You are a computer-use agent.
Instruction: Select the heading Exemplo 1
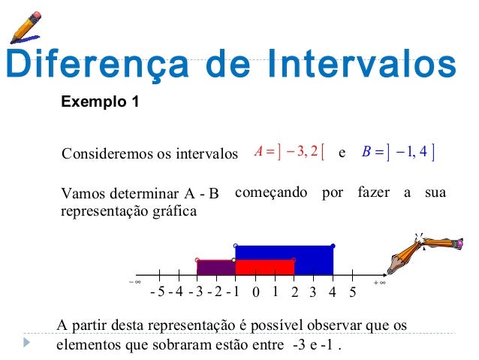pyautogui.click(x=100, y=101)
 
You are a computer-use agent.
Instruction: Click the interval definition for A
pyautogui.click(x=289, y=154)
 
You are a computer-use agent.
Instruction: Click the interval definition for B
pyautogui.click(x=398, y=154)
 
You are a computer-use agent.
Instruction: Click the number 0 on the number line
pyautogui.click(x=255, y=292)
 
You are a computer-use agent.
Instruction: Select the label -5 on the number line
pyautogui.click(x=157, y=292)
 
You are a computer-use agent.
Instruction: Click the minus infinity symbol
pyautogui.click(x=135, y=283)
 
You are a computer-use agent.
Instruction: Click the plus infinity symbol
pyautogui.click(x=379, y=283)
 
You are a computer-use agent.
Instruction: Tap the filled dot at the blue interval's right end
pyautogui.click(x=333, y=246)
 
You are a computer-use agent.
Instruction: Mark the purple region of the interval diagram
pyautogui.click(x=216, y=267)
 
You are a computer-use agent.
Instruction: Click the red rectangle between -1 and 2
pyautogui.click(x=264, y=267)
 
